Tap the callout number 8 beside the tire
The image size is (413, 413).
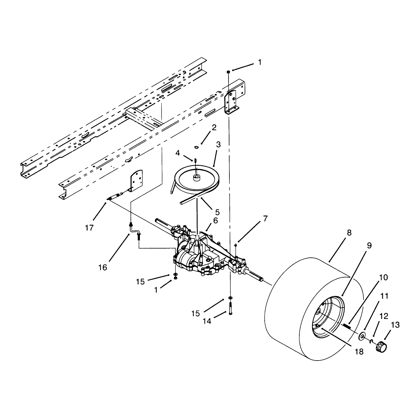coord(349,233)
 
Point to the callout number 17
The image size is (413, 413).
coord(89,228)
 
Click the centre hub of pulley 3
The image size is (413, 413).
coord(196,178)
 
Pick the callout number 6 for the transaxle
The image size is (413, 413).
coord(216,220)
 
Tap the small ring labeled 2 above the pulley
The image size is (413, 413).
coord(196,147)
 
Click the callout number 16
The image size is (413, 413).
coord(103,267)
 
